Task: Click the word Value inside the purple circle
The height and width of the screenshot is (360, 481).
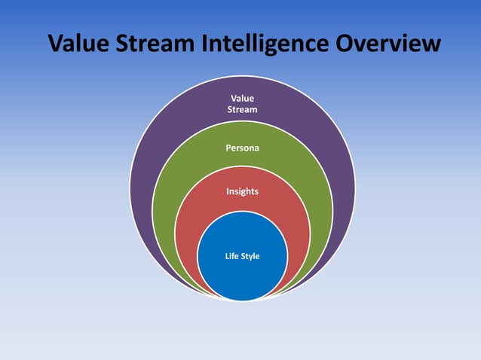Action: click(x=242, y=99)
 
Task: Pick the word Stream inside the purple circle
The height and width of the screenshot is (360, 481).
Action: click(x=242, y=110)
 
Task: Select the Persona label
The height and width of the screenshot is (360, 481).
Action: click(x=242, y=148)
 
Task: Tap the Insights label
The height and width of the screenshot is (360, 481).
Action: click(x=242, y=191)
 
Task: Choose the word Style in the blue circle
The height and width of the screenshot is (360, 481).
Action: click(x=250, y=257)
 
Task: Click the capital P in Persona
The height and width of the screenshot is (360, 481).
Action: click(x=228, y=148)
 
